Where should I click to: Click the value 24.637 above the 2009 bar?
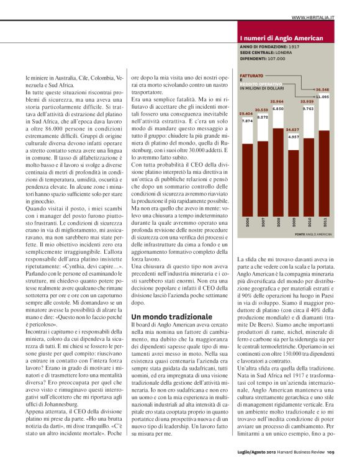[x=292, y=129]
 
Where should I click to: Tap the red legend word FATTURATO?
[x=252, y=75]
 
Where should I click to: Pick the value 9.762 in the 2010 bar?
[x=308, y=108]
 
